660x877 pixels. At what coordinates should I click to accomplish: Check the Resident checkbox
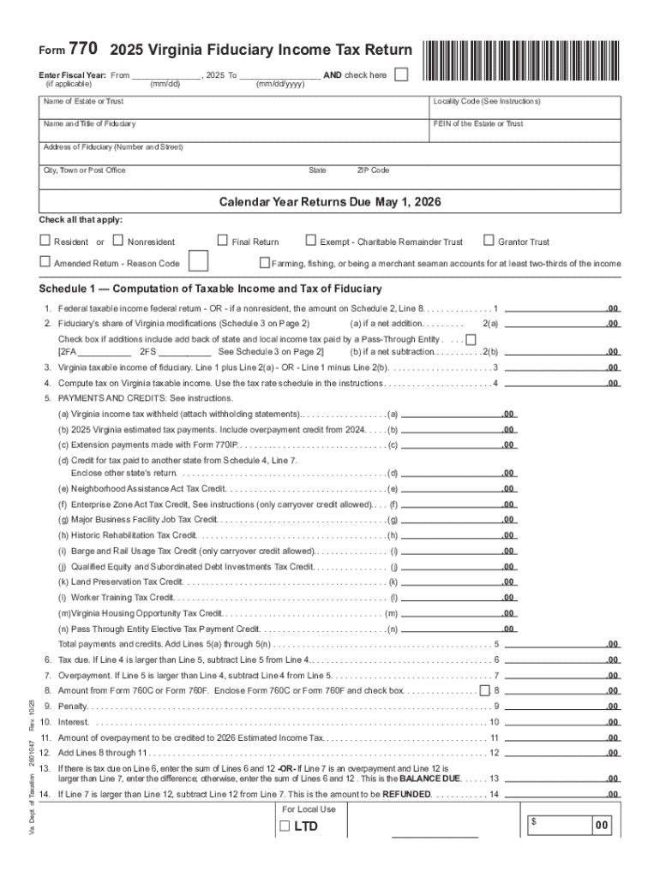point(45,242)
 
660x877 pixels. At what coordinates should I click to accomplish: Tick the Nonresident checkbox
point(118,242)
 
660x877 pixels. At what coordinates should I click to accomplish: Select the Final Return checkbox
point(223,242)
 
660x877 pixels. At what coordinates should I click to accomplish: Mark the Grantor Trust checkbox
point(489,242)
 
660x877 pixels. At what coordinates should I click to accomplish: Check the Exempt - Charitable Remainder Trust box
point(312,242)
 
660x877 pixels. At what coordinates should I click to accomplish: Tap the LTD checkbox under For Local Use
point(284,827)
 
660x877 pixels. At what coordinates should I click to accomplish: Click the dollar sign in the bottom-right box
point(533,821)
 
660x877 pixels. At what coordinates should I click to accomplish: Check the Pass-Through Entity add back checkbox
point(471,340)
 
